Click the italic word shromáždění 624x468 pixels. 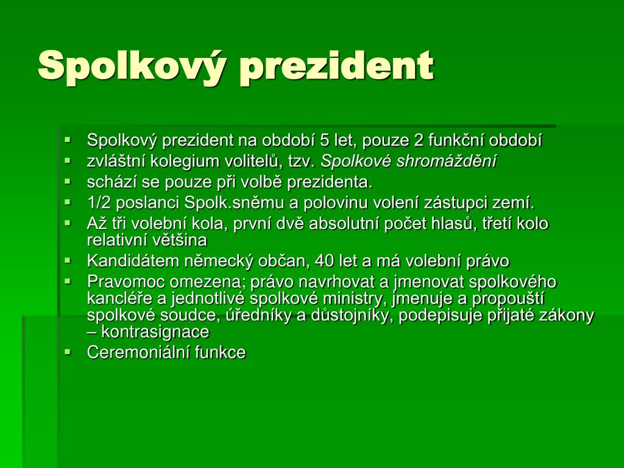tap(448, 161)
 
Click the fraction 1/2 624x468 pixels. tap(99, 203)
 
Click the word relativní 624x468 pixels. tap(115, 240)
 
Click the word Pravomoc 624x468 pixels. tap(126, 282)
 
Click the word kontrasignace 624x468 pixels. tap(155, 332)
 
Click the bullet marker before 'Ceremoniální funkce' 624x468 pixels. tap(67, 352)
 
